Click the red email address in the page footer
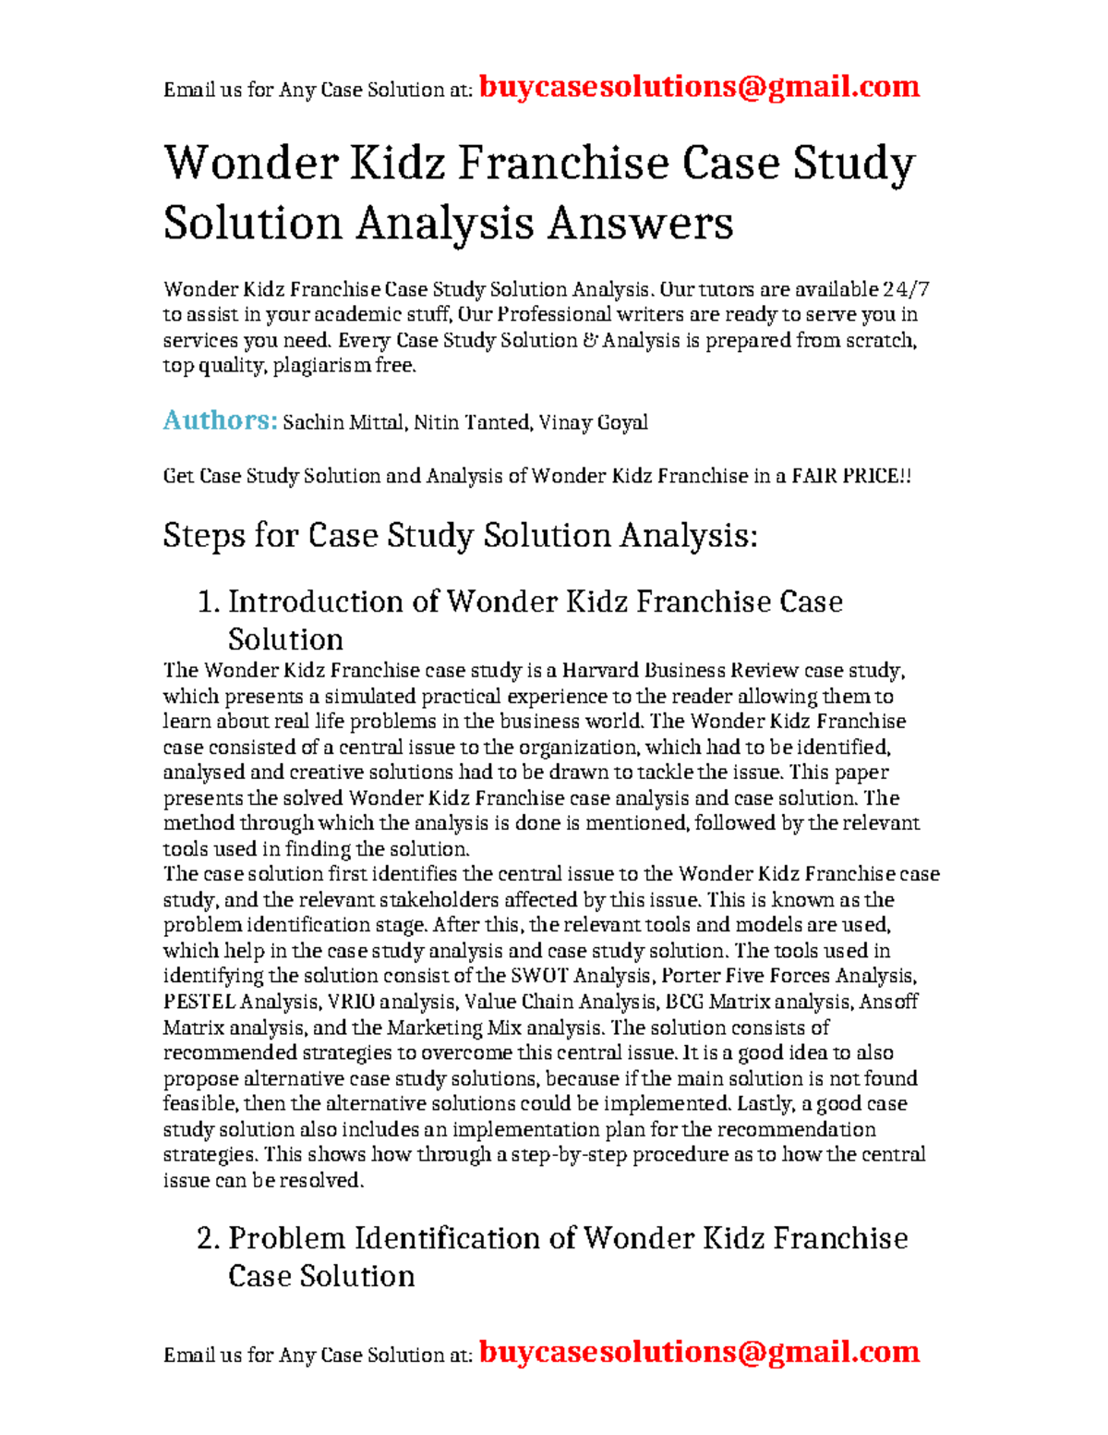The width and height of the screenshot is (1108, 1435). coord(699,1352)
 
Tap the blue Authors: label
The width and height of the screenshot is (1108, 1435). coord(220,420)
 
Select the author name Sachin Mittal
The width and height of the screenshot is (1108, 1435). coord(343,423)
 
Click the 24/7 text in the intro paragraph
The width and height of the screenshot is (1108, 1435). coord(906,290)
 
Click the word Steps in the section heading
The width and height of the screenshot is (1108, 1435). coord(204,536)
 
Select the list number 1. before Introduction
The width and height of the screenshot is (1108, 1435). coord(209,602)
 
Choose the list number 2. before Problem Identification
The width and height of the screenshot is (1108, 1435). coord(209,1239)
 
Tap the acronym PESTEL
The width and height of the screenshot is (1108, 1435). coord(199,1002)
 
